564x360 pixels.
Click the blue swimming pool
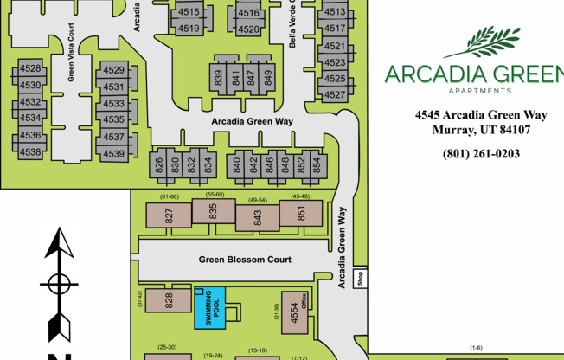point(210,308)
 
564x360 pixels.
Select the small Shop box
point(361,279)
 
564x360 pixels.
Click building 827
point(169,215)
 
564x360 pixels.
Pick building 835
point(213,211)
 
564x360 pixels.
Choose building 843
point(257,216)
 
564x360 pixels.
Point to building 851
point(301,213)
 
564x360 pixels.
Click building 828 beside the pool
point(169,301)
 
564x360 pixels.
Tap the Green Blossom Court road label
point(245,260)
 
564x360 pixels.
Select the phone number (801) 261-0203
point(481,154)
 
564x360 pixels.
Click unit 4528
point(30,69)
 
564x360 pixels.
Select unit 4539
point(113,153)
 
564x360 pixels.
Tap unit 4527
point(335,93)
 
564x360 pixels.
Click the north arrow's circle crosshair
point(58,284)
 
